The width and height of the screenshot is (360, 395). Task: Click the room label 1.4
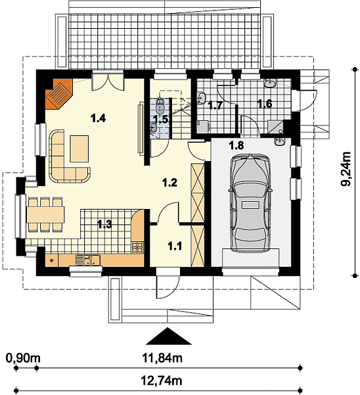pyautogui.click(x=99, y=118)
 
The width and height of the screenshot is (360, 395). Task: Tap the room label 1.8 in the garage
pyautogui.click(x=236, y=145)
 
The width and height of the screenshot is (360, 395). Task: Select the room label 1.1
pyautogui.click(x=175, y=246)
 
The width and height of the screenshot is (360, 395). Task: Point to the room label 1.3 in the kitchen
pyautogui.click(x=104, y=224)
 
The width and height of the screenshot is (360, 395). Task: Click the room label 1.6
pyautogui.click(x=265, y=104)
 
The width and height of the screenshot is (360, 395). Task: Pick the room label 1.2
pyautogui.click(x=169, y=183)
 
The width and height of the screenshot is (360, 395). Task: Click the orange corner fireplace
pyautogui.click(x=59, y=94)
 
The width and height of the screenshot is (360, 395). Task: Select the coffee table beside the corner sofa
pyautogui.click(x=79, y=149)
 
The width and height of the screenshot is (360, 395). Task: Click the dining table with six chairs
pyautogui.click(x=45, y=215)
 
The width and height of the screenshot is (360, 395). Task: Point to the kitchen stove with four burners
pyautogui.click(x=137, y=247)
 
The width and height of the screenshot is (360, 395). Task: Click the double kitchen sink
pyautogui.click(x=88, y=260)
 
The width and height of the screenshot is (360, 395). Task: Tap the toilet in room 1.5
pyautogui.click(x=160, y=105)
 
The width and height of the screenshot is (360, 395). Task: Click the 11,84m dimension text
pyautogui.click(x=162, y=358)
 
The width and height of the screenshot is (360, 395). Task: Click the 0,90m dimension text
pyautogui.click(x=23, y=358)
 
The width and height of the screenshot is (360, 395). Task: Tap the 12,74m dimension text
pyautogui.click(x=162, y=381)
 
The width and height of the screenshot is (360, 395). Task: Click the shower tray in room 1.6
pyautogui.click(x=275, y=127)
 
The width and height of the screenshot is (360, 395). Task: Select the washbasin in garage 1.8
pyautogui.click(x=279, y=141)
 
